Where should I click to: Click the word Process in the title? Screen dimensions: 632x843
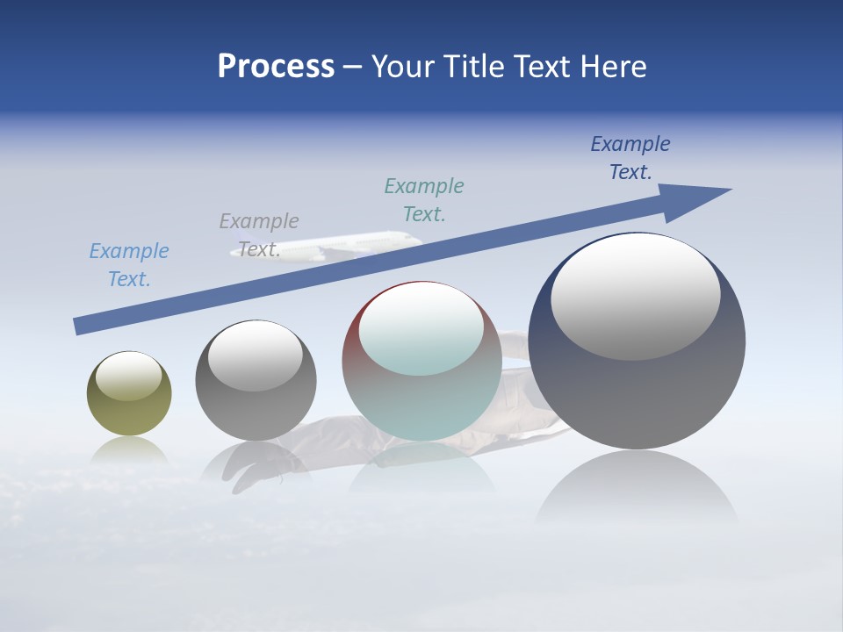(x=276, y=66)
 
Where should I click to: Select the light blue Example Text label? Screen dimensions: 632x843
(x=129, y=264)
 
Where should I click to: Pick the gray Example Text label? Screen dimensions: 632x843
(x=259, y=234)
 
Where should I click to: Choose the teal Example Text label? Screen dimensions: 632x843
(x=424, y=199)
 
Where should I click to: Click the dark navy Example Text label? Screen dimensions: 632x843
(x=630, y=158)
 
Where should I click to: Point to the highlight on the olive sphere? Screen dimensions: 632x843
(x=129, y=376)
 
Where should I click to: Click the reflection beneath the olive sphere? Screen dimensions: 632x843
(x=129, y=450)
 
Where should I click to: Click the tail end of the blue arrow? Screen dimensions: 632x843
(x=82, y=325)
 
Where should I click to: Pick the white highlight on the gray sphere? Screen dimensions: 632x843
(x=256, y=355)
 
